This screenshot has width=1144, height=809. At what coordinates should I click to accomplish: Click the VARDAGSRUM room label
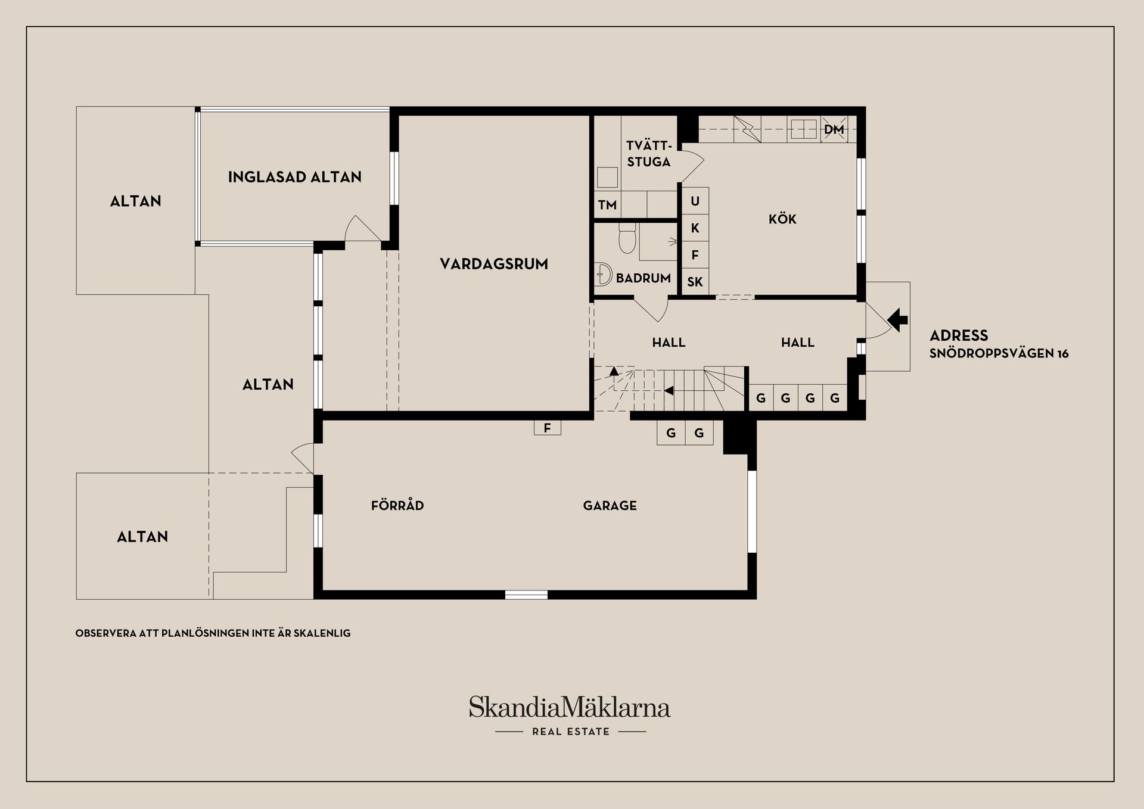click(x=494, y=264)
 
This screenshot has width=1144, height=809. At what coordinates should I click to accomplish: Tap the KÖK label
click(x=782, y=219)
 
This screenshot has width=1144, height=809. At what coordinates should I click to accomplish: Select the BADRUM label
click(x=643, y=278)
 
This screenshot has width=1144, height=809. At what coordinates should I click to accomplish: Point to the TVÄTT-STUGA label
click(x=649, y=153)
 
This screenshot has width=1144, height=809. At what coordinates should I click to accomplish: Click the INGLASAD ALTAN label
click(x=295, y=177)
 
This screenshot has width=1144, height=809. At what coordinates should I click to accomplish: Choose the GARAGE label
click(x=610, y=506)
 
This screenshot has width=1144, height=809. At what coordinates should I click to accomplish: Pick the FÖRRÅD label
click(x=397, y=505)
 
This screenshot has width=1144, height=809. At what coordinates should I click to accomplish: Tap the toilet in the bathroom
click(x=627, y=238)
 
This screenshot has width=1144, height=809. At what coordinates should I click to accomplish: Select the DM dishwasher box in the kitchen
click(x=834, y=129)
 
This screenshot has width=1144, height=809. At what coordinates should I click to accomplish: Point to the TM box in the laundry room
click(x=607, y=204)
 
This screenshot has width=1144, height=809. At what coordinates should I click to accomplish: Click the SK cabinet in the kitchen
click(x=695, y=282)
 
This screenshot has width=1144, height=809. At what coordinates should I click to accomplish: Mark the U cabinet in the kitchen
click(x=695, y=201)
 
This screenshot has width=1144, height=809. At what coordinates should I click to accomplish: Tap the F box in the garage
click(x=548, y=428)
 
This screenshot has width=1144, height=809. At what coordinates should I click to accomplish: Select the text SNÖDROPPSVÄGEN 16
click(x=999, y=353)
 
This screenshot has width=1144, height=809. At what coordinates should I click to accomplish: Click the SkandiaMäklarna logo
click(x=570, y=714)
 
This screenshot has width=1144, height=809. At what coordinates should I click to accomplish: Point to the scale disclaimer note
click(x=213, y=633)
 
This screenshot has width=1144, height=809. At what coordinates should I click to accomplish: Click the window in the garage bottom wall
click(x=526, y=595)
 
